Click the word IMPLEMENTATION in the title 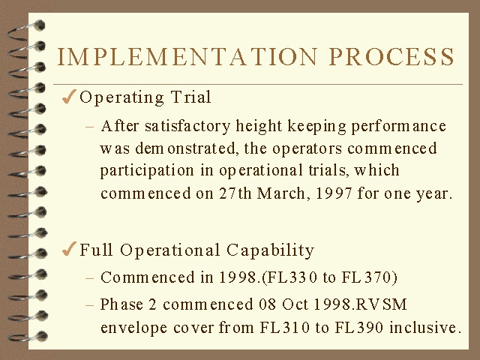pyautogui.click(x=187, y=57)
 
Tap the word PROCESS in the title pyautogui.click(x=391, y=57)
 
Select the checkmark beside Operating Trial pyautogui.click(x=68, y=97)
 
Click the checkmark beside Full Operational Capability pyautogui.click(x=68, y=249)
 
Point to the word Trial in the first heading pyautogui.click(x=191, y=97)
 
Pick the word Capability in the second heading pyautogui.click(x=271, y=250)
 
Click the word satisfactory pyautogui.click(x=187, y=127)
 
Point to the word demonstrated pyautogui.click(x=186, y=149)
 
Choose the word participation pyautogui.click(x=147, y=171)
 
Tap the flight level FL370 pyautogui.click(x=369, y=277)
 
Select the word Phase pyautogui.click(x=121, y=304)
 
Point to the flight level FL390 pyautogui.click(x=359, y=327)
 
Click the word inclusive pyautogui.click(x=425, y=327)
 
